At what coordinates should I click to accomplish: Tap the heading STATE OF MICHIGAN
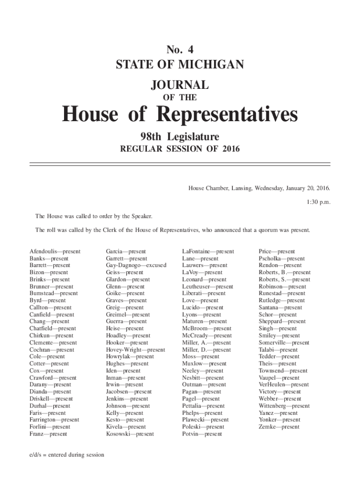pyautogui.click(x=180, y=64)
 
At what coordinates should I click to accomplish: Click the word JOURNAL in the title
pyautogui.click(x=180, y=85)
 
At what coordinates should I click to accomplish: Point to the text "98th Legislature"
pyautogui.click(x=180, y=137)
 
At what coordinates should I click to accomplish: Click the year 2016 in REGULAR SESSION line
pyautogui.click(x=231, y=149)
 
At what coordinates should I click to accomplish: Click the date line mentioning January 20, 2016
pyautogui.click(x=259, y=188)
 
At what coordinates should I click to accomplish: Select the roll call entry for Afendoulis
pyautogui.click(x=55, y=252)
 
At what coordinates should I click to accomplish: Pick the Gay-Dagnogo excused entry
pyautogui.click(x=136, y=265)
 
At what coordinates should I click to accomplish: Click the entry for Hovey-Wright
pyautogui.click(x=135, y=349)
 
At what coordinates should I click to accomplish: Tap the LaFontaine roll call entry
pyautogui.click(x=208, y=252)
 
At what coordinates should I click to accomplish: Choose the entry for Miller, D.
pyautogui.click(x=206, y=349)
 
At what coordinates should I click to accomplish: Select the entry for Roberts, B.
pyautogui.click(x=284, y=272)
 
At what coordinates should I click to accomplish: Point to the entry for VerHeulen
pyautogui.click(x=283, y=385)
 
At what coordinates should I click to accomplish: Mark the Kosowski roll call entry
pyautogui.click(x=130, y=434)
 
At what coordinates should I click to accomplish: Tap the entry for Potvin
pyautogui.click(x=202, y=434)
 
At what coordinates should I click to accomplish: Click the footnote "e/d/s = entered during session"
pyautogui.click(x=67, y=455)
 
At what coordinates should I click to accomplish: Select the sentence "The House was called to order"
pyautogui.click(x=94, y=217)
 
